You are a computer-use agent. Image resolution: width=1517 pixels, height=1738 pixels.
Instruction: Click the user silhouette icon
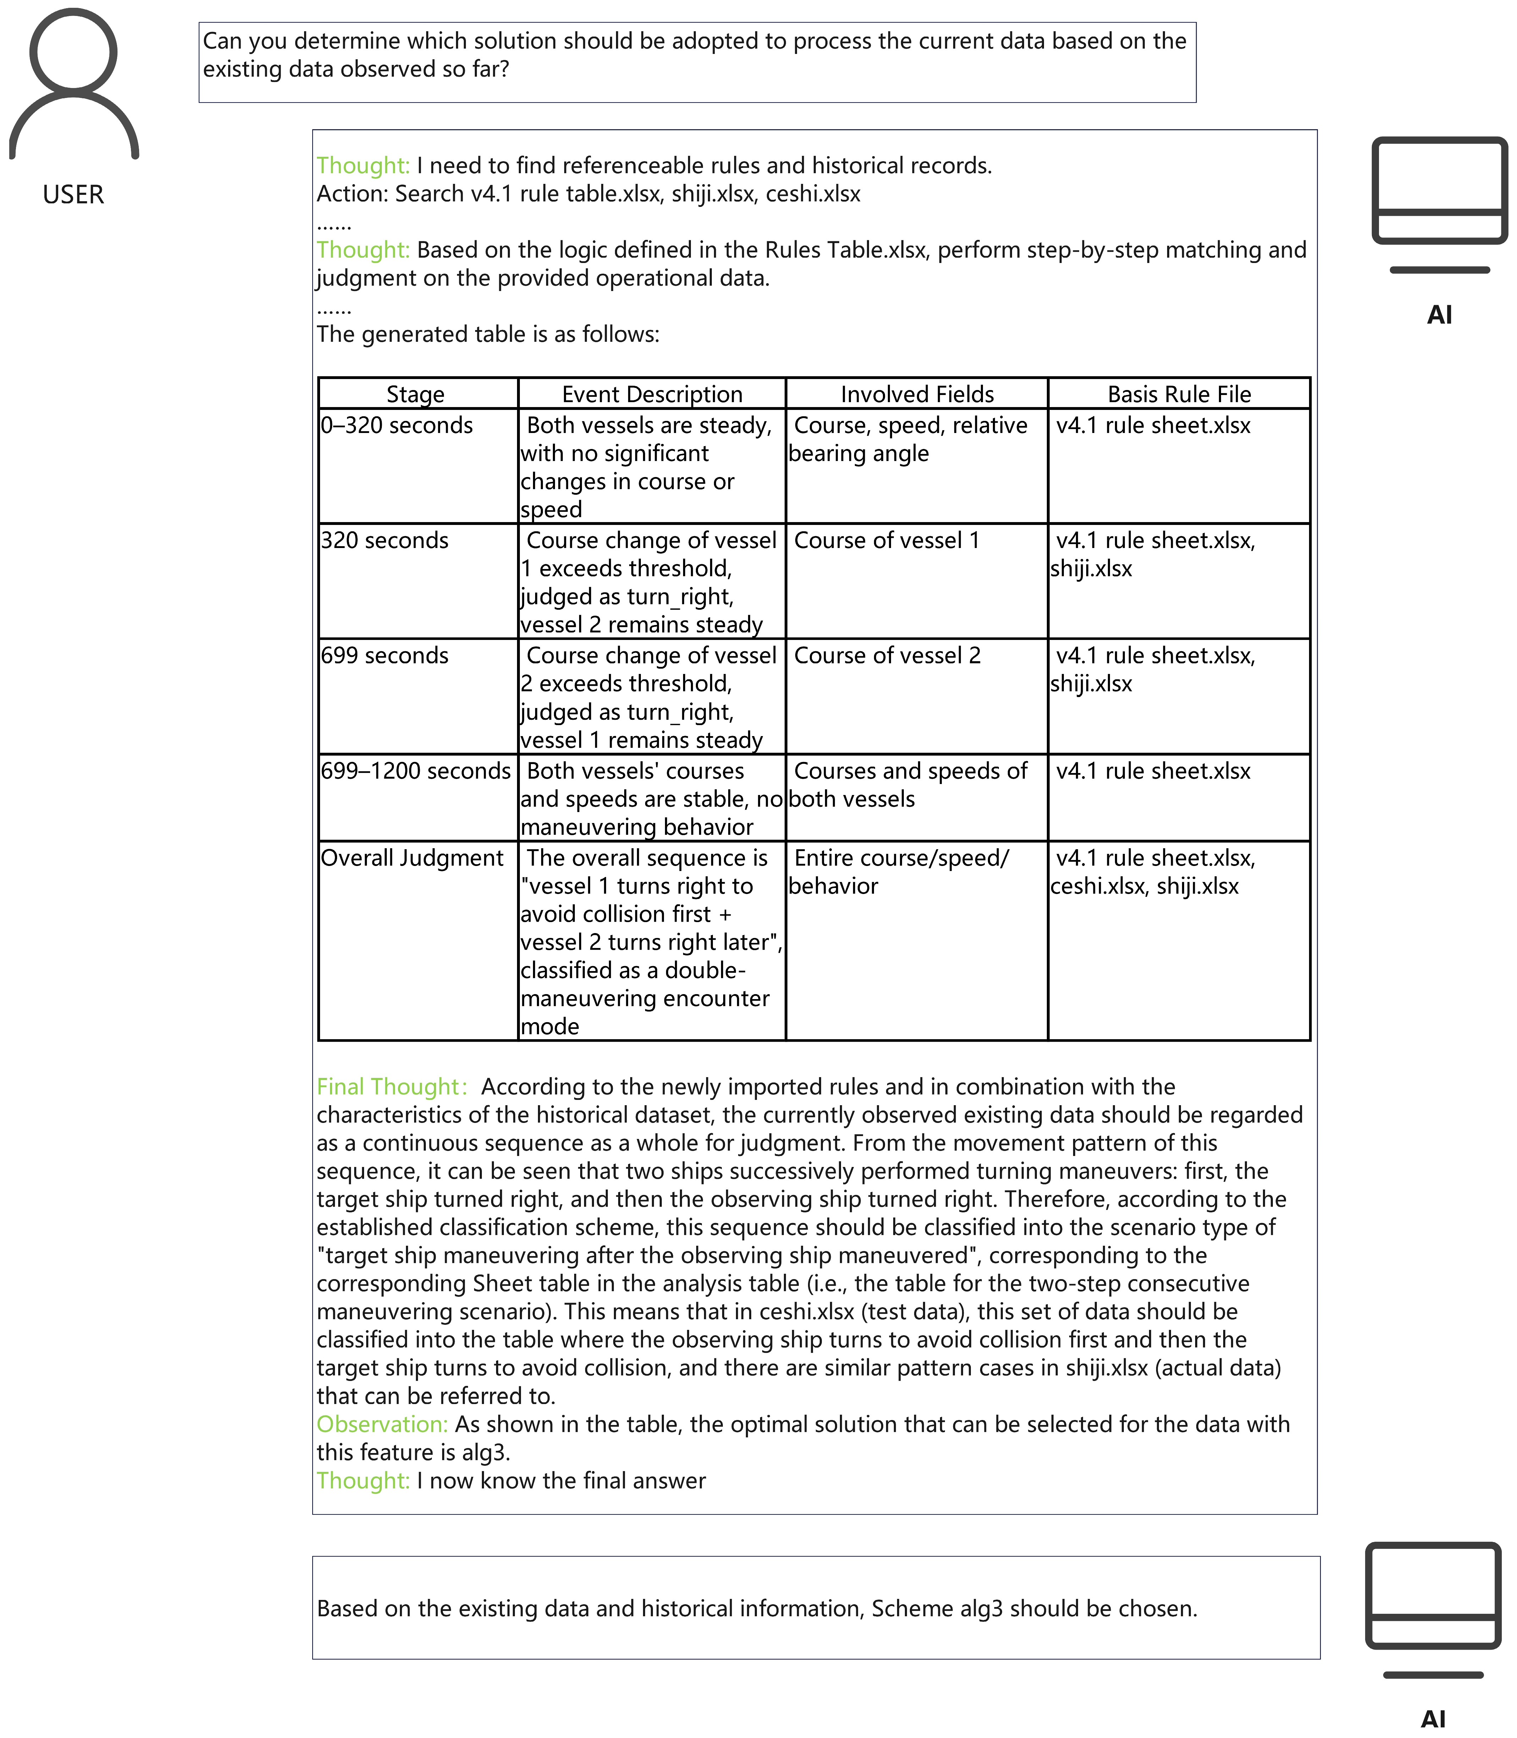74,85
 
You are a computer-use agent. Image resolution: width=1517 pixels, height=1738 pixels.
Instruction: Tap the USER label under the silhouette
74,195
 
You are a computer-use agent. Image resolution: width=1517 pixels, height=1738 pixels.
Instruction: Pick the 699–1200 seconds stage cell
416,771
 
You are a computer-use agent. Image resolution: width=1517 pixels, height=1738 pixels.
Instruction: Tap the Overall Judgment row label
412,857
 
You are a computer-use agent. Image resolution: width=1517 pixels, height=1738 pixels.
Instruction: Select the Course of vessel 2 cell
887,655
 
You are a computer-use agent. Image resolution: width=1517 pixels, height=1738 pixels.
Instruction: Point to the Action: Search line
588,194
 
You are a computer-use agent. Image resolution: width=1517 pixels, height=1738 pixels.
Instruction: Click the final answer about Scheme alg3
757,1608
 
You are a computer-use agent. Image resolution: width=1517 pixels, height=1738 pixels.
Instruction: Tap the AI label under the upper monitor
1439,315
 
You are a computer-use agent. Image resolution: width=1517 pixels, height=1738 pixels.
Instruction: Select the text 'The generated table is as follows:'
488,334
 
